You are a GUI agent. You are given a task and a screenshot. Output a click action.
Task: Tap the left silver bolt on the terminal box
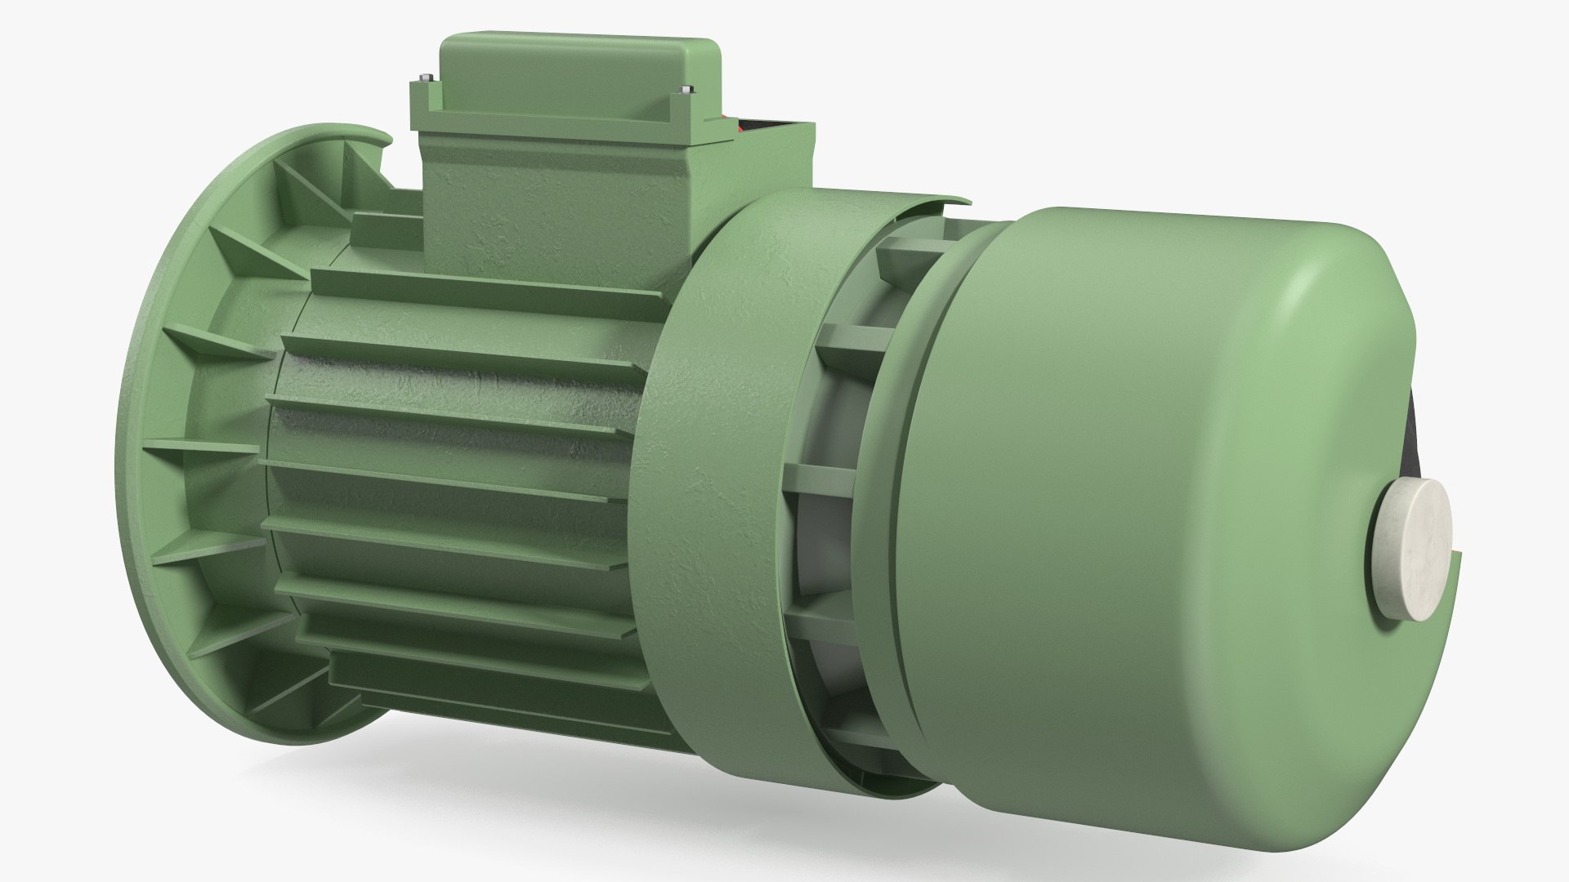click(422, 79)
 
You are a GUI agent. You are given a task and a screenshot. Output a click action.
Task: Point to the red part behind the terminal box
click(740, 127)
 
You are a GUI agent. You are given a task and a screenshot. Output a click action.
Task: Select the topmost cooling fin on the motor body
click(490, 282)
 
